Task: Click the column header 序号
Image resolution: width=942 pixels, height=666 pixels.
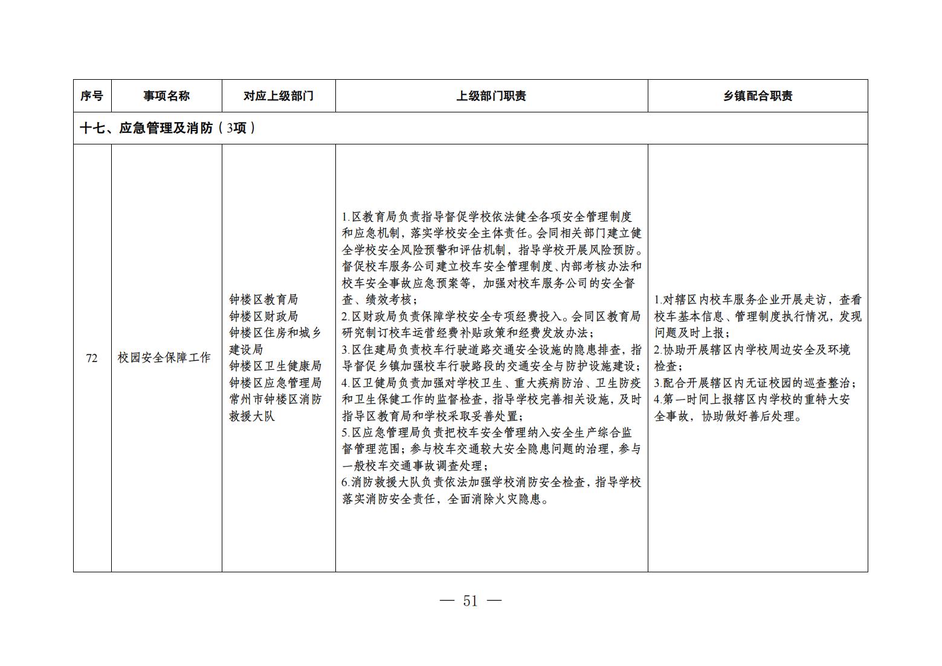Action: pyautogui.click(x=92, y=96)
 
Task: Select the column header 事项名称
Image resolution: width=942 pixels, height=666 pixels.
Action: pyautogui.click(x=166, y=96)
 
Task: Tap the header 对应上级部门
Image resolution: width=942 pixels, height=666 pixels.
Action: pyautogui.click(x=279, y=96)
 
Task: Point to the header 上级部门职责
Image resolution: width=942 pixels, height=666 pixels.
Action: pyautogui.click(x=491, y=96)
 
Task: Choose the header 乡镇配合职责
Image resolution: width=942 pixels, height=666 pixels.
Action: pyautogui.click(x=758, y=96)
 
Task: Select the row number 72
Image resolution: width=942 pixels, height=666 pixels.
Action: pyautogui.click(x=92, y=358)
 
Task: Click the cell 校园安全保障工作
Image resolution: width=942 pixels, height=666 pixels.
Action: pyautogui.click(x=164, y=358)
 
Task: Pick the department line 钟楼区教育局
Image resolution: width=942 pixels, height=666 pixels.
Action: pyautogui.click(x=263, y=300)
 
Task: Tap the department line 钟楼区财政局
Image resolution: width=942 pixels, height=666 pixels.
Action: pyautogui.click(x=263, y=317)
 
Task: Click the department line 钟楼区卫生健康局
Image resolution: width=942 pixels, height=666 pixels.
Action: pyautogui.click(x=275, y=366)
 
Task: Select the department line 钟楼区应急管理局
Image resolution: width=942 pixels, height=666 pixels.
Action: pyautogui.click(x=275, y=383)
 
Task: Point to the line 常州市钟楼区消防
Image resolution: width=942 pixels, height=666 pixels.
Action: pyautogui.click(x=275, y=399)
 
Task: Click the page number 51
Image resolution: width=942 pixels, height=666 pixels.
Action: pyautogui.click(x=470, y=601)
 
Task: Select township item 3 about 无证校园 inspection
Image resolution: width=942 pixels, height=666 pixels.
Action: pyautogui.click(x=755, y=383)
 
